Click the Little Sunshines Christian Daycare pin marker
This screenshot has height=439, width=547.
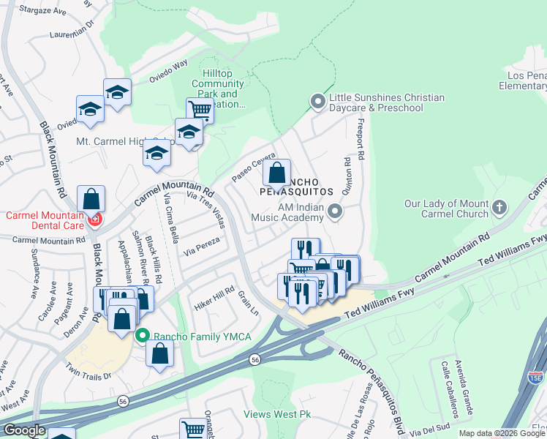(317, 102)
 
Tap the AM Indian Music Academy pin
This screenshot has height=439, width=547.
(335, 212)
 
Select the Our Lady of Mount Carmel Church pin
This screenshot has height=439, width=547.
(499, 208)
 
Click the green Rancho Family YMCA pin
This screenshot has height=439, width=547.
(142, 336)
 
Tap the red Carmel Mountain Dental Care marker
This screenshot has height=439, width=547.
(94, 219)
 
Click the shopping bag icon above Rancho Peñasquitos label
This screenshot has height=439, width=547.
(277, 174)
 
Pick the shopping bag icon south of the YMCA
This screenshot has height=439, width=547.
(159, 354)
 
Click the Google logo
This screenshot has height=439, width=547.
(23, 430)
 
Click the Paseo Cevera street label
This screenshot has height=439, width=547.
(253, 168)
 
